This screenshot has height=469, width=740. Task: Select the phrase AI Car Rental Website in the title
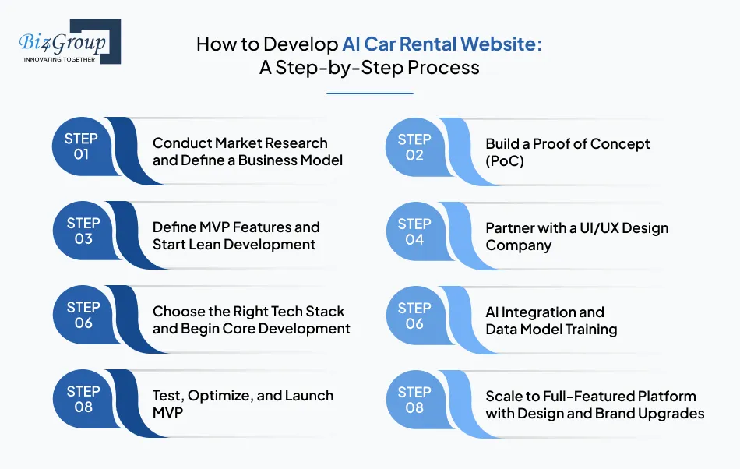442,44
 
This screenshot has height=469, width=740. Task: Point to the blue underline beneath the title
369,93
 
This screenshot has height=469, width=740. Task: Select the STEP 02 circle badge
414,146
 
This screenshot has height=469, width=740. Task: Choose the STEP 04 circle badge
414,231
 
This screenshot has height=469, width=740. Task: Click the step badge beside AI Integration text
414,316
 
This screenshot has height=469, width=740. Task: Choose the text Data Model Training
551,329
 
